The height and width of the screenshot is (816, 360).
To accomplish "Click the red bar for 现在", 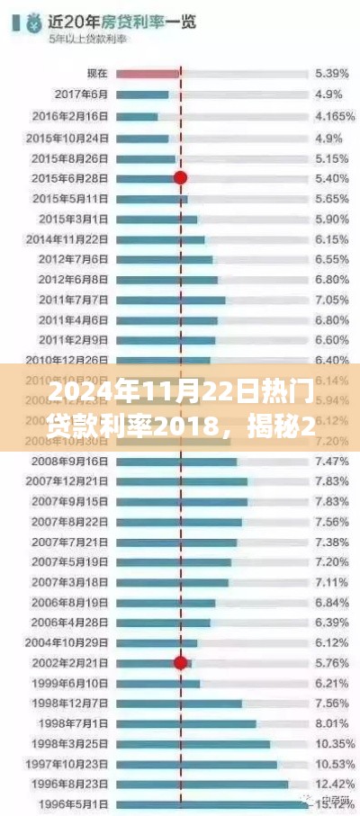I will [x=148, y=72].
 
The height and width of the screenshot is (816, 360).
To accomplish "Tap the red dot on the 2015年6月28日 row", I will [x=180, y=178].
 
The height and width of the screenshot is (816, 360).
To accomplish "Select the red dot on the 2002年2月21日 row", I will [x=180, y=663].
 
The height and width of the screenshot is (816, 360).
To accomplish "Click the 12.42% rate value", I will [x=330, y=784].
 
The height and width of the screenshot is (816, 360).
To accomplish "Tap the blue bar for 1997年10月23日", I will [x=197, y=764].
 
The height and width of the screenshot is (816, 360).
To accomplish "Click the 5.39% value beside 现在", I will [x=330, y=72].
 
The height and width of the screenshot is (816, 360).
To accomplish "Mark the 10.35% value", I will [x=330, y=744].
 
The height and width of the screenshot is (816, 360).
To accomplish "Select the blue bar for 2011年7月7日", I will [x=171, y=300].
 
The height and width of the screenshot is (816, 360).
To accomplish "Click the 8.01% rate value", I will [x=330, y=723].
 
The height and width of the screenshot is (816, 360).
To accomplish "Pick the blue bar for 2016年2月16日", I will [x=138, y=116].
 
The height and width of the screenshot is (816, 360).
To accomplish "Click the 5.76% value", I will [x=330, y=663].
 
